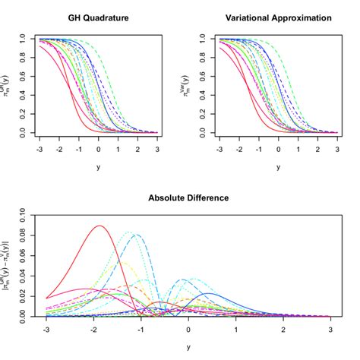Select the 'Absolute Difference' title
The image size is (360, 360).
(188, 198)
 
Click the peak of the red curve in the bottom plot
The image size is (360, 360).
(99, 226)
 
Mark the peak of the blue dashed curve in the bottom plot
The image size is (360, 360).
(137, 235)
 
